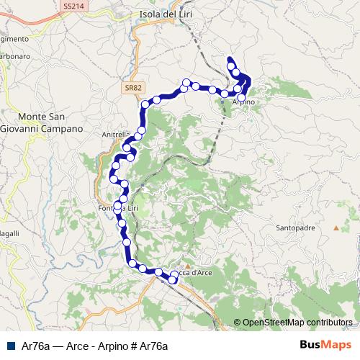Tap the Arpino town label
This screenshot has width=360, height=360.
[244, 102]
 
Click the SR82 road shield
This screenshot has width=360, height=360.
[131, 86]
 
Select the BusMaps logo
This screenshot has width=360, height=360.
[330, 344]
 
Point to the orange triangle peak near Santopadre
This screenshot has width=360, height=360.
[336, 228]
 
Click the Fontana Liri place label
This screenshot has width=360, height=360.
[117, 209]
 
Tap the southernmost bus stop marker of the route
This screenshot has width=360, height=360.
[173, 280]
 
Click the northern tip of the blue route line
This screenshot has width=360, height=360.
[229, 58]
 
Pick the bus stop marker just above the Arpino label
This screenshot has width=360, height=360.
[242, 96]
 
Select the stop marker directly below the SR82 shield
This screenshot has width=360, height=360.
[145, 104]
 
